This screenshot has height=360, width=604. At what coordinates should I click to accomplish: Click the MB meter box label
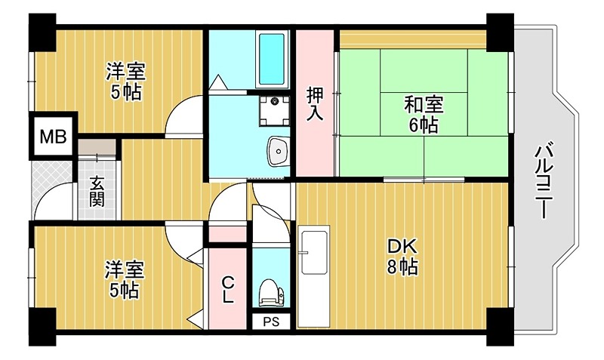[53, 137]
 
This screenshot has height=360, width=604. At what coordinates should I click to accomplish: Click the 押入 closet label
[315, 104]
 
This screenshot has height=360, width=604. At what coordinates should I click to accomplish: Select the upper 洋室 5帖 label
[125, 82]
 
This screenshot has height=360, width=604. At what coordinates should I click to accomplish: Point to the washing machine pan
[273, 109]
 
